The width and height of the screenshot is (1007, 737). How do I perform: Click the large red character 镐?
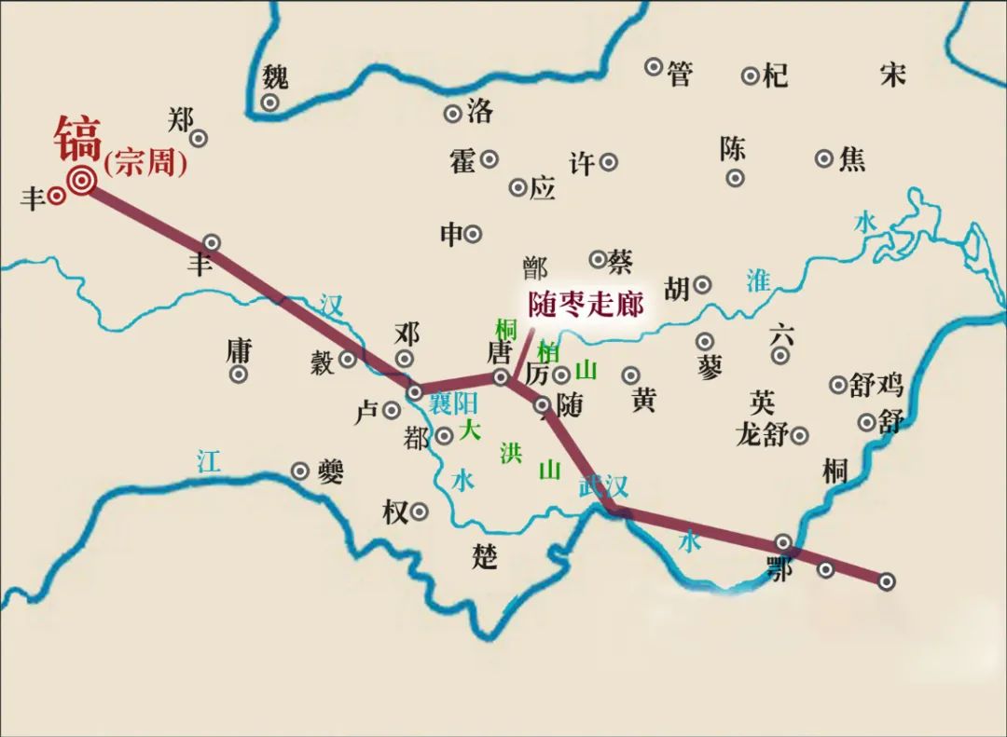(77, 139)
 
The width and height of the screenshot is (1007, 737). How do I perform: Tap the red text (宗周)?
(145, 165)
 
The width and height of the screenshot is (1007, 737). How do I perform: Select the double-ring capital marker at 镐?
(82, 181)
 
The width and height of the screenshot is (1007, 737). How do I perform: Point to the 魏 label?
(275, 75)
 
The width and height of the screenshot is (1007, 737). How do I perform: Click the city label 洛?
(479, 112)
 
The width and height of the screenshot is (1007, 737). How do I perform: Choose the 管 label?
(680, 74)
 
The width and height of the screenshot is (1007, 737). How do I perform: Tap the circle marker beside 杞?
(751, 75)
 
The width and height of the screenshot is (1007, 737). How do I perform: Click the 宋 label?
(893, 74)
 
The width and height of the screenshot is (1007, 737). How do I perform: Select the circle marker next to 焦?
(824, 158)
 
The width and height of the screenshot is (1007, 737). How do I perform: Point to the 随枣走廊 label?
(586, 305)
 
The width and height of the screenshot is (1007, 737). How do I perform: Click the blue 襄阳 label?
(453, 403)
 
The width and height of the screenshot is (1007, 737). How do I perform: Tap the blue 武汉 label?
(603, 485)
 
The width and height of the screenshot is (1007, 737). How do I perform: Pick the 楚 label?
(485, 557)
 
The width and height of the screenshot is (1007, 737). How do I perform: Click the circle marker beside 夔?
(299, 471)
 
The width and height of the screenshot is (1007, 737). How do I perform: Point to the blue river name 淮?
(758, 280)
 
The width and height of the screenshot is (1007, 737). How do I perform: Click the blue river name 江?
(209, 461)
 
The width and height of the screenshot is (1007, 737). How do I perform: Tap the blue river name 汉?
(330, 305)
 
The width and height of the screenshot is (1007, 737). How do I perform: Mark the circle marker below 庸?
(240, 375)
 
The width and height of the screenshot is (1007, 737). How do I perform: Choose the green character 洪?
(510, 454)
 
